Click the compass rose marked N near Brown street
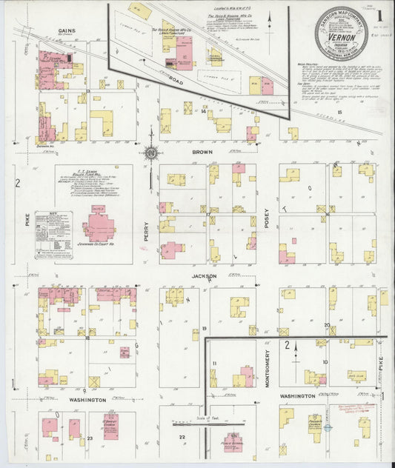(x=151, y=153)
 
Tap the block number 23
(x=90, y=438)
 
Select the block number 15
(x=339, y=112)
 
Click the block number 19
(x=204, y=328)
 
